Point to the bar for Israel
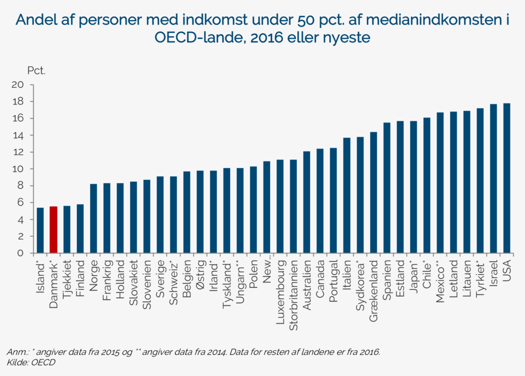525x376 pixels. pyautogui.click(x=493, y=179)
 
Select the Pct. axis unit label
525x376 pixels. pyautogui.click(x=36, y=70)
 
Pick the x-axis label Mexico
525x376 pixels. pyautogui.click(x=440, y=280)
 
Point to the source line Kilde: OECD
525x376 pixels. pyautogui.click(x=31, y=362)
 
